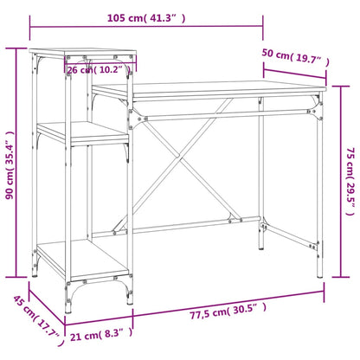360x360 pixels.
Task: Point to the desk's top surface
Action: pyautogui.click(x=208, y=90)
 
